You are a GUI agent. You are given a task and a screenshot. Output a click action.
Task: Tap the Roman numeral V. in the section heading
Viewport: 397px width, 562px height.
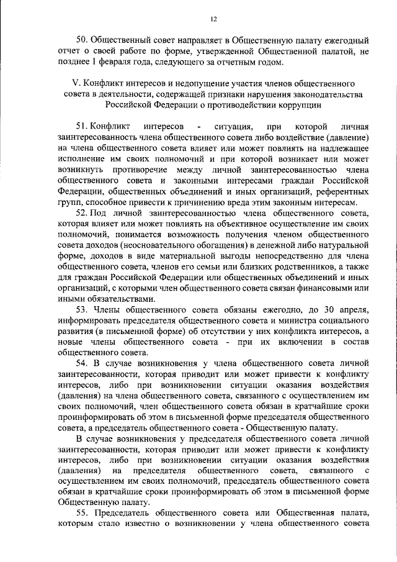pos(77,83)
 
